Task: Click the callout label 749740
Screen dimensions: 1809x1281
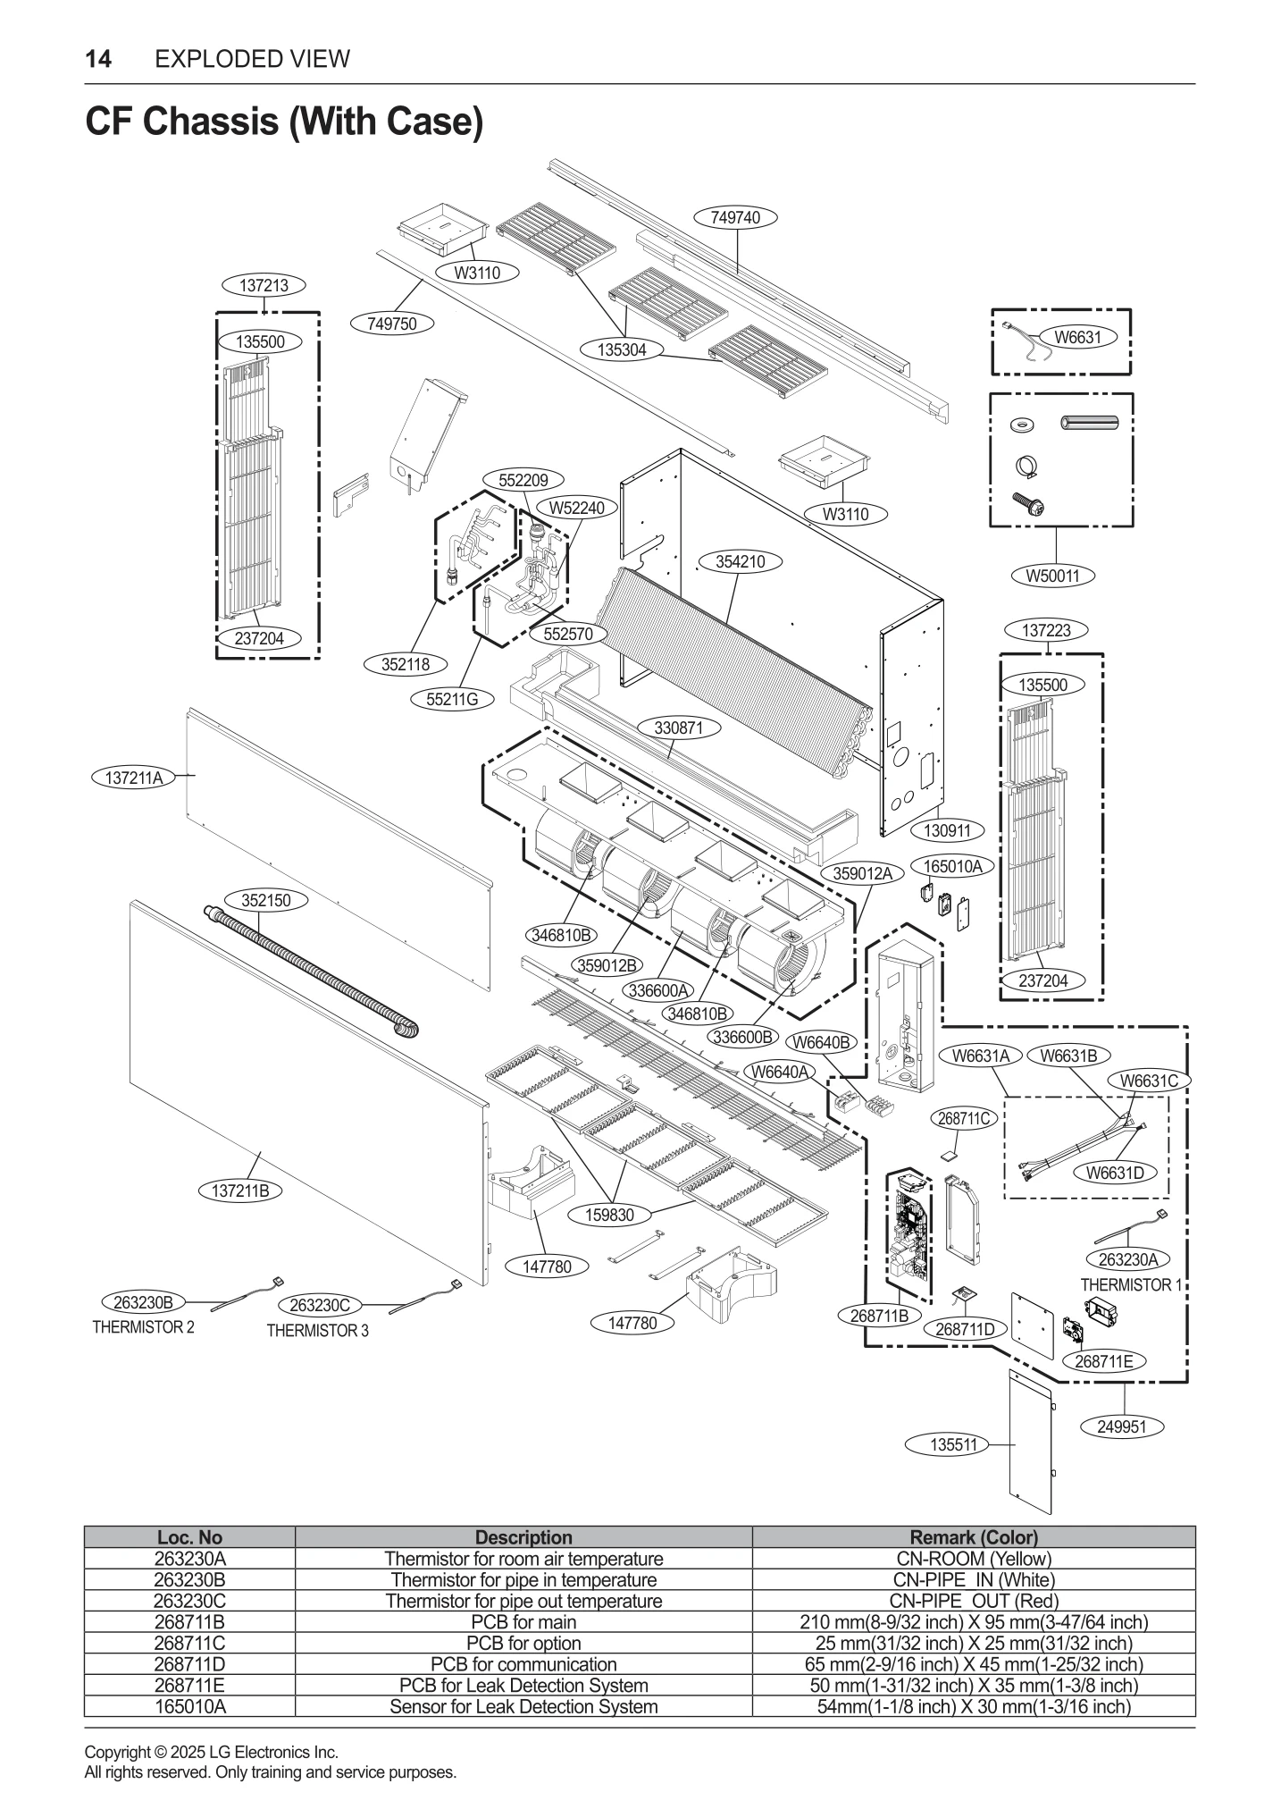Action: pos(735,217)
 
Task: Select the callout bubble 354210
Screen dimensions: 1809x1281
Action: pos(741,561)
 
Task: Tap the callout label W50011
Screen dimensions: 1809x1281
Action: pos(1053,576)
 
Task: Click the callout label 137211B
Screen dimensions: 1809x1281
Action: pos(240,1191)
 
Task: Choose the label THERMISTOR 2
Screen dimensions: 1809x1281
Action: pos(143,1327)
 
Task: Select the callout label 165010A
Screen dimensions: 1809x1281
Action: pos(952,866)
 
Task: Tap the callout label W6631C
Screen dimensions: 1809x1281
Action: pos(1149,1081)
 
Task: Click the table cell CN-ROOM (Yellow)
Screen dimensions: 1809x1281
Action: pos(974,1559)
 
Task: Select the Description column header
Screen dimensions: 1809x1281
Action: pos(523,1537)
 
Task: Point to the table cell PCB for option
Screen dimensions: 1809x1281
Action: pos(523,1643)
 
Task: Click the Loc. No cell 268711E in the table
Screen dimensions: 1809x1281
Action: pos(189,1685)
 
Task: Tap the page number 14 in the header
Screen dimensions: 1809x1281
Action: pos(98,59)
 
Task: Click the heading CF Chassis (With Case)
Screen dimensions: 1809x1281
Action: pos(284,121)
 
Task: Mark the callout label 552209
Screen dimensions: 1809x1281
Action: pos(523,480)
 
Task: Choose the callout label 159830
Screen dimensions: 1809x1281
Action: pos(609,1215)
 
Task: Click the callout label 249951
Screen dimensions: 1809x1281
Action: pos(1121,1426)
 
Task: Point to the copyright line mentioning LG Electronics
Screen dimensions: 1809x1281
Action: pos(211,1752)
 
